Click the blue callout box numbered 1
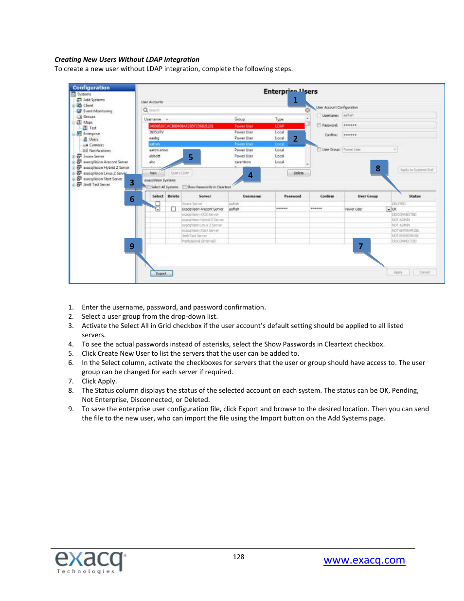point(295,100)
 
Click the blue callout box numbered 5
point(191,157)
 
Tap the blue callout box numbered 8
point(378,168)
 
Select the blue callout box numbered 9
point(132,246)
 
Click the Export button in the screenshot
point(161,273)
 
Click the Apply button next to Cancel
point(398,272)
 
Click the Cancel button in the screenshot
point(424,272)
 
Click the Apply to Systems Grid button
point(417,170)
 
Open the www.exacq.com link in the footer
point(364,560)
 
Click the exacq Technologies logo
point(90,562)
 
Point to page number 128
point(238,557)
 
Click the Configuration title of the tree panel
point(91,88)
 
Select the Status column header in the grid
point(414,196)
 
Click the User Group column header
point(368,196)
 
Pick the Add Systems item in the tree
point(93,100)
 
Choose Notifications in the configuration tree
point(100,150)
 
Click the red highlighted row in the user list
point(226,126)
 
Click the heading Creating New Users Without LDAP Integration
point(127,59)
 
